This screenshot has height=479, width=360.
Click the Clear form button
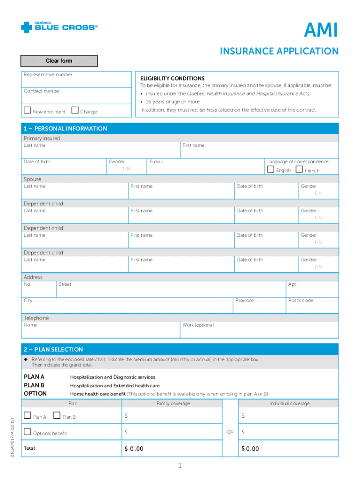59,61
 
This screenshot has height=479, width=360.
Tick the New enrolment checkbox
27,111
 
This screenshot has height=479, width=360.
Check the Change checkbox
75,111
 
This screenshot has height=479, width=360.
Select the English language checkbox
270,169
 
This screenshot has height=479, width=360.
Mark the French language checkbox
299,169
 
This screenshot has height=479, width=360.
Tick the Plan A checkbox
27,416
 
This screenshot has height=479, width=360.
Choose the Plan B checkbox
57,416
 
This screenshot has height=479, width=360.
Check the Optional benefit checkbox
27,432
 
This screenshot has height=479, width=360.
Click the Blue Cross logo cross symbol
27,28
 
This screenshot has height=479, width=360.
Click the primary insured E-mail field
206,167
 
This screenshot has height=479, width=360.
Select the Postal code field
312,307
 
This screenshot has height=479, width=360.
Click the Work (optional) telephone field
259,331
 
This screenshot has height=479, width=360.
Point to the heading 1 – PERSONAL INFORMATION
65,129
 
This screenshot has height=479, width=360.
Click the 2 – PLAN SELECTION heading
53,349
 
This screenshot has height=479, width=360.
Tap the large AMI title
320,32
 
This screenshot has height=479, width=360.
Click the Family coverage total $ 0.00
134,449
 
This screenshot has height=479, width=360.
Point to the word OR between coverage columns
230,432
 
